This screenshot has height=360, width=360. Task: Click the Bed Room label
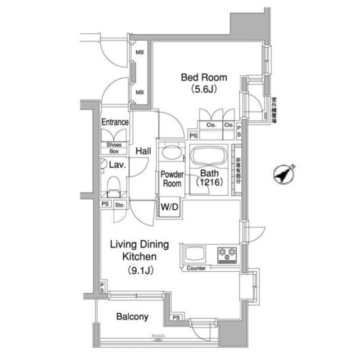coord(204,77)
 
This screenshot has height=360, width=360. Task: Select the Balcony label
coord(132,317)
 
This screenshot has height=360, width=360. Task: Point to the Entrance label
coord(115,122)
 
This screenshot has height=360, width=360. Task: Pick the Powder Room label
coord(172,179)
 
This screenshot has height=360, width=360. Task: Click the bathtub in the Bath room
coord(209,156)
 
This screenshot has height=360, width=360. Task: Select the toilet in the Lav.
coord(114,184)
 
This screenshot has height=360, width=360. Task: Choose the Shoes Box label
coord(114,148)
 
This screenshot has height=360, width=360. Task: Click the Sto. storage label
coord(119,205)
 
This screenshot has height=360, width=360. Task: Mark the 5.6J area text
coord(204,89)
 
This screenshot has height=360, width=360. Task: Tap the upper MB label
coord(139,53)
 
